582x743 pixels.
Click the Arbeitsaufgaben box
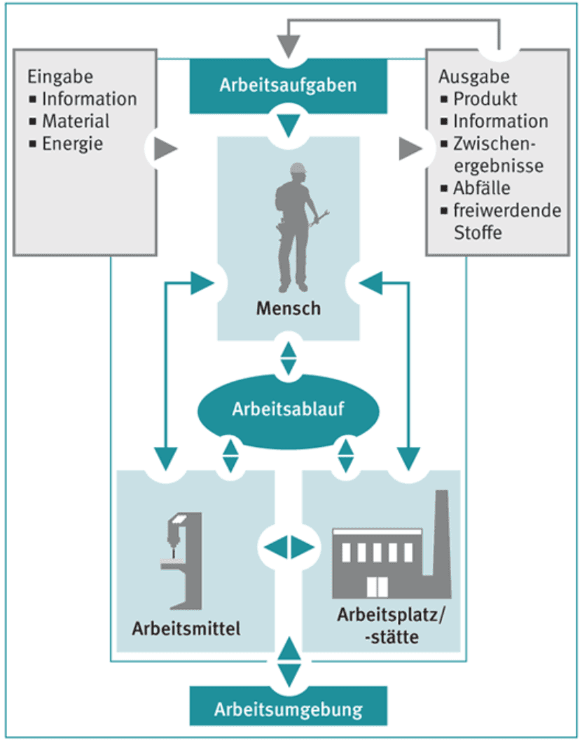pyautogui.click(x=288, y=85)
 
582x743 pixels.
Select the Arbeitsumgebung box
pyautogui.click(x=288, y=709)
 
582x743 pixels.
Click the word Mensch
pyautogui.click(x=288, y=308)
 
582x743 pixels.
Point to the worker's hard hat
pyautogui.click(x=300, y=169)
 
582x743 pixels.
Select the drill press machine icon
pyautogui.click(x=181, y=560)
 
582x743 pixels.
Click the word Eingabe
pyautogui.click(x=60, y=76)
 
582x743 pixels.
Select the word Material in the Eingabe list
pyautogui.click(x=76, y=121)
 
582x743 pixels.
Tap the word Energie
pyautogui.click(x=73, y=144)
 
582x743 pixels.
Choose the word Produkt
pyautogui.click(x=485, y=99)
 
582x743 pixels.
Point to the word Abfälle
pyautogui.click(x=482, y=188)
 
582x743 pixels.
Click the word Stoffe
pyautogui.click(x=478, y=232)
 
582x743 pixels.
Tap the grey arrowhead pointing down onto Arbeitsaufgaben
pyautogui.click(x=288, y=48)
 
